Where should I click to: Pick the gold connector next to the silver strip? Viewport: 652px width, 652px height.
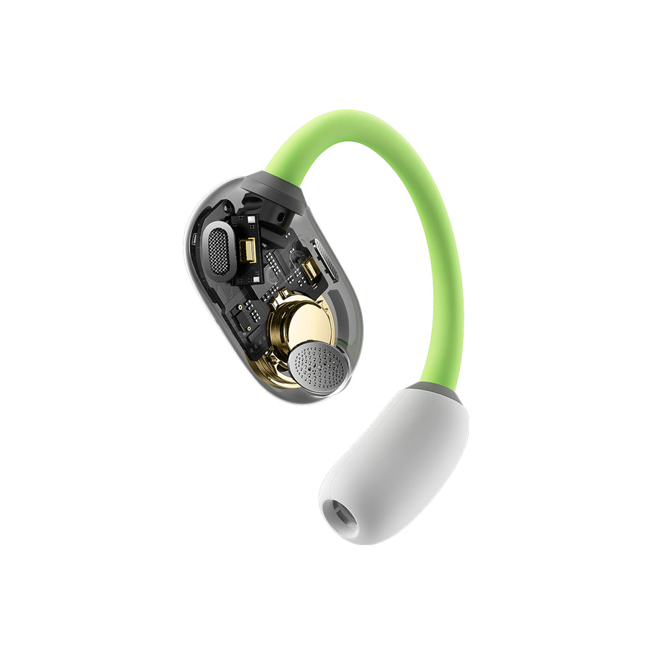(x=310, y=269)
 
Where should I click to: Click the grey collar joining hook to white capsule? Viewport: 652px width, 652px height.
(x=435, y=393)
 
